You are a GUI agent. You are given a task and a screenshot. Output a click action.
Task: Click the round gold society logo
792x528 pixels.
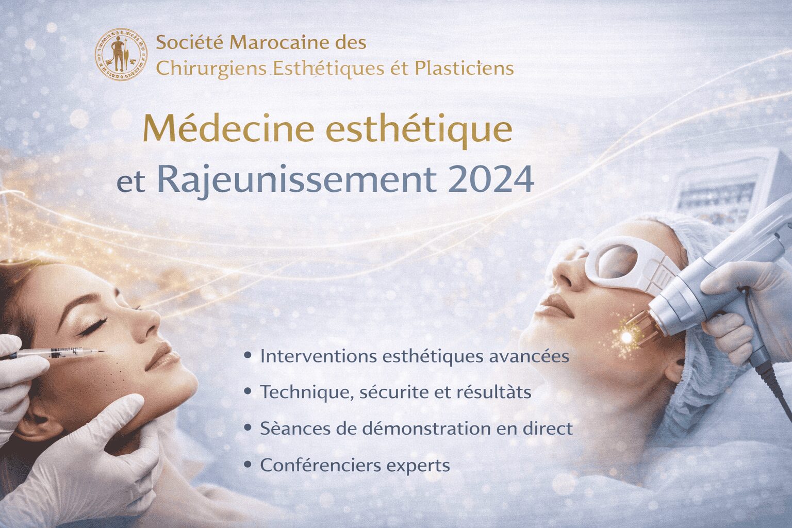click(x=121, y=54)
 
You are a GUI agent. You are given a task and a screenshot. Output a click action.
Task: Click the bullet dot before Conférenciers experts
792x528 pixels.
click(x=249, y=465)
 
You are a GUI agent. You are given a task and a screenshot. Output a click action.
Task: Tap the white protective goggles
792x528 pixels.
click(x=629, y=263)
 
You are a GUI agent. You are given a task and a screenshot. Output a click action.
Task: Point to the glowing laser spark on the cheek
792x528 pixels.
click(x=626, y=337)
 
